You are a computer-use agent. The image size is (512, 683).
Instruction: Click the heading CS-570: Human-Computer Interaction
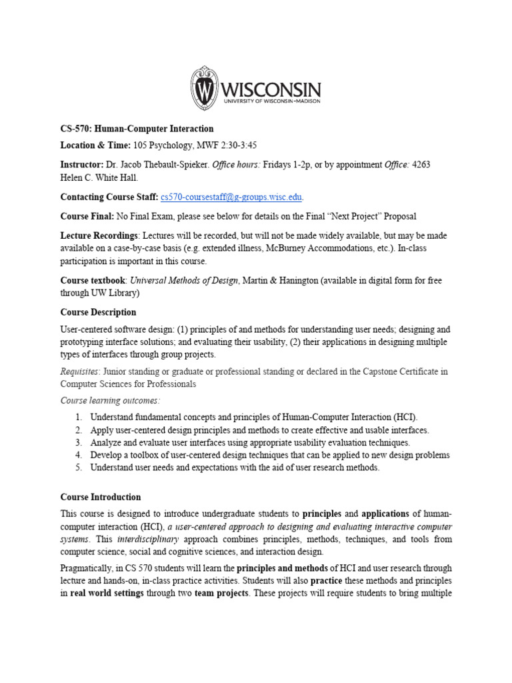[137, 128]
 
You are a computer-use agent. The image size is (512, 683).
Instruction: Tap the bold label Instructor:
[82, 164]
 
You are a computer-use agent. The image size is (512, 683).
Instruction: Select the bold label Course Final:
[87, 216]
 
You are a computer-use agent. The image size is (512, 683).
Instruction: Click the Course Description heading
[98, 312]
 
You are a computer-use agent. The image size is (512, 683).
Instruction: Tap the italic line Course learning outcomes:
[110, 400]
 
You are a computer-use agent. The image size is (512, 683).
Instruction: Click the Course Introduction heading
[101, 497]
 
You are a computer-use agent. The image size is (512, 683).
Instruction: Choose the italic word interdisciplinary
[154, 539]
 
